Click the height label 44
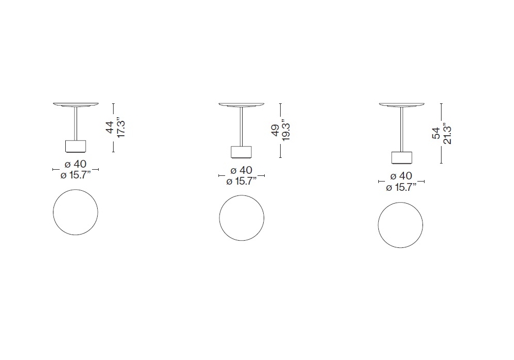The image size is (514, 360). click(x=110, y=127)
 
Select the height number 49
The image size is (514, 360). click(x=276, y=130)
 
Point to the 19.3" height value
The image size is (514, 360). click(x=286, y=130)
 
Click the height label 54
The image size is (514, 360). click(x=436, y=133)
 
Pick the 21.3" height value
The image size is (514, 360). click(x=447, y=133)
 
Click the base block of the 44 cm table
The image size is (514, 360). click(x=76, y=147)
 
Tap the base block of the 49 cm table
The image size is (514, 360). click(x=241, y=152)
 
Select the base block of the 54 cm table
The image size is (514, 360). click(x=401, y=158)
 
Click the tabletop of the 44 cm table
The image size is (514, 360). click(x=76, y=105)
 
